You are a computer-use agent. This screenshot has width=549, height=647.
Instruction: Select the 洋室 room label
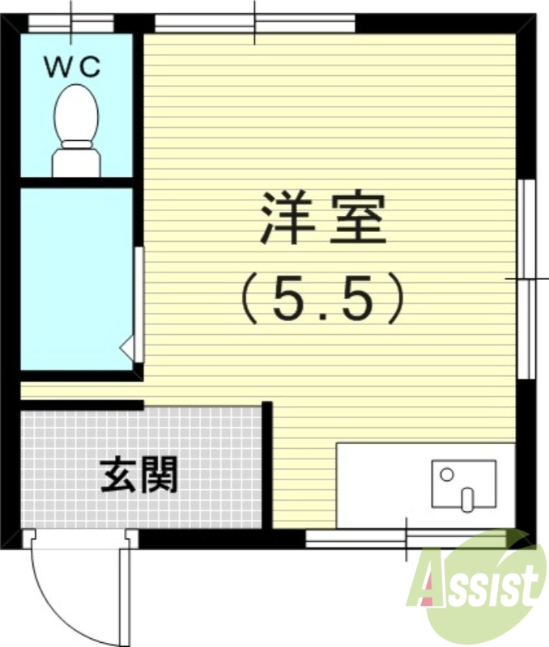pos(321,218)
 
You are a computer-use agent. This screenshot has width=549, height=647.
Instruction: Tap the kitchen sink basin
pos(463,484)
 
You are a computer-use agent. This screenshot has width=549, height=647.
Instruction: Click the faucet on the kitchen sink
pos(466,497)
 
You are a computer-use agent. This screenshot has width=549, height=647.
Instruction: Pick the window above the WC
pos(71,23)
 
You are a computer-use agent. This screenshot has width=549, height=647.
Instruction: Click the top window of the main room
pos(254,23)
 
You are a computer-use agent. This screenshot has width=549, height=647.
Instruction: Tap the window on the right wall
pos(526,278)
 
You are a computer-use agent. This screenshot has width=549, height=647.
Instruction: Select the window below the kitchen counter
pos(405,539)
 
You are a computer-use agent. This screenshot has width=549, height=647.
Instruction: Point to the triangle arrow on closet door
pos(127,348)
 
